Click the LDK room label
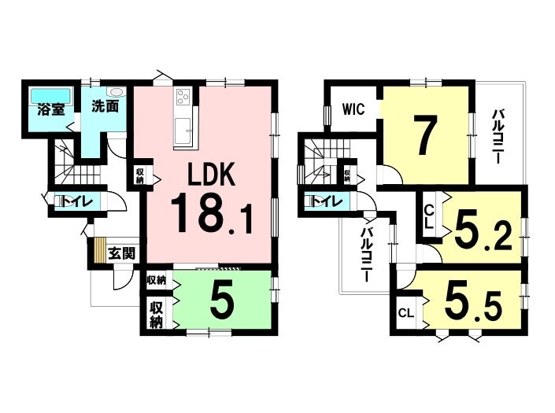pos(212,175)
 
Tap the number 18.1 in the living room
pos(212,213)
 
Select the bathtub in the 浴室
pos(51,96)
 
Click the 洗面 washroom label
pos(105,106)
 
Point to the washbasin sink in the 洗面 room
pos(116,92)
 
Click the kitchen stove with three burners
pos(183,96)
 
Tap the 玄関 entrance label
pos(121,253)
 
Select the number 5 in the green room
pos(222,299)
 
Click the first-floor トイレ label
pos(78,201)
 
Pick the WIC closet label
pos(353,109)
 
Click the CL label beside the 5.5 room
pos(406,312)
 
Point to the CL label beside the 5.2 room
pos(428,217)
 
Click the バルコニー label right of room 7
pos(499,137)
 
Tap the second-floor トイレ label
pos(327,201)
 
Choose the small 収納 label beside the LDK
pos(140,175)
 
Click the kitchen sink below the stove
pos(183,131)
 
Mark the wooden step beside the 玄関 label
pos(100,249)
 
